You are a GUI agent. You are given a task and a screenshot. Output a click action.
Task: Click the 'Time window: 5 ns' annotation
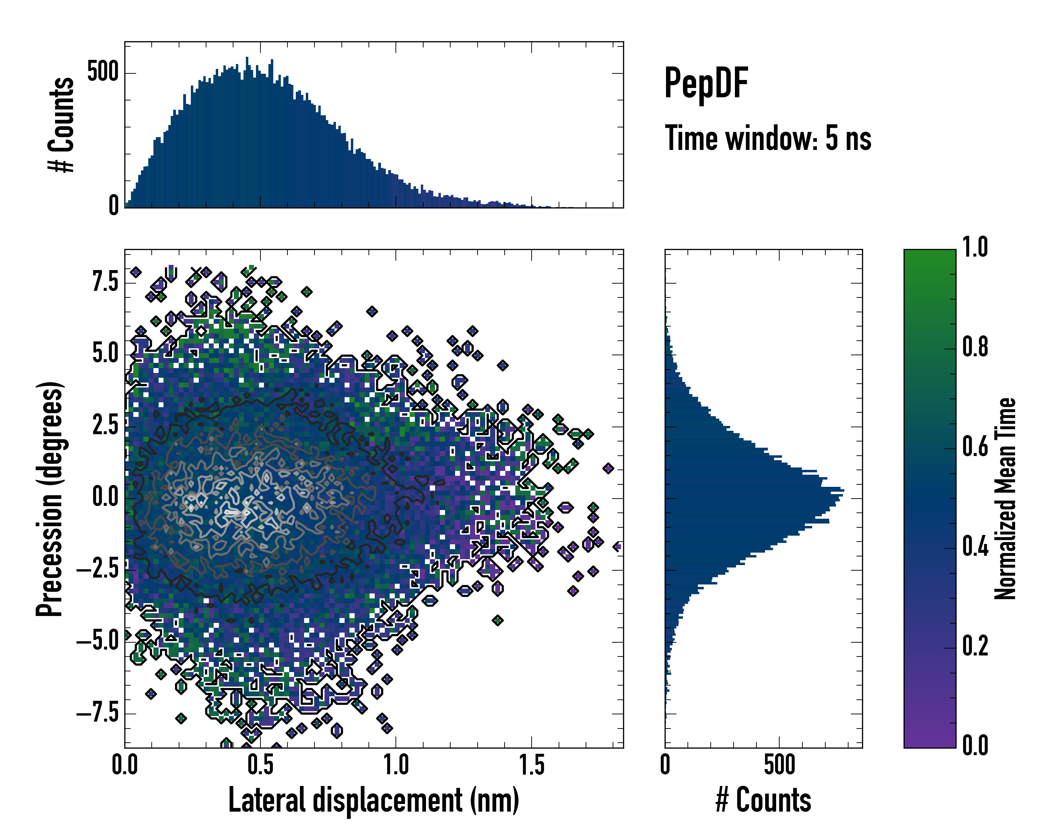pos(768,138)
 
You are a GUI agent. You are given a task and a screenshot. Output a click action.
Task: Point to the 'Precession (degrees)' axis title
pos(50,499)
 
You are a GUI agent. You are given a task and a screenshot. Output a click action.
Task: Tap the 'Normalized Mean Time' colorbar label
pos(1005,499)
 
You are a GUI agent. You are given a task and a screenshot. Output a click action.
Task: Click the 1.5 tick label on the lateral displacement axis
pos(532,765)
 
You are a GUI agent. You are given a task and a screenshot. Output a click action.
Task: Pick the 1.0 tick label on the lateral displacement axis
pos(396,765)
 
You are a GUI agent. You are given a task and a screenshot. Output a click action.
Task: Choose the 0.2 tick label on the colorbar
pos(975,646)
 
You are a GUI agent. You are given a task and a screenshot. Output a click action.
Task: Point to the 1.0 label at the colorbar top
pos(975,247)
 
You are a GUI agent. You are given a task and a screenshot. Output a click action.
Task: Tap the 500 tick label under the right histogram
pos(779,765)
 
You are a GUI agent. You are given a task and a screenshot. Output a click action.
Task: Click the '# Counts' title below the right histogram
pos(763,800)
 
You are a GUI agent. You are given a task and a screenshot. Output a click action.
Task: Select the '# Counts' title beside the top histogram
pos(62,125)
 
